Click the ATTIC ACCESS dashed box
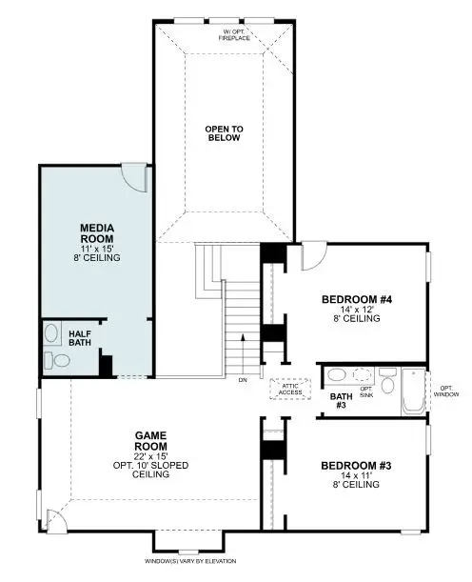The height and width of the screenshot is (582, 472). [289, 388]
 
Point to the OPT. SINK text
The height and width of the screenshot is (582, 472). [366, 390]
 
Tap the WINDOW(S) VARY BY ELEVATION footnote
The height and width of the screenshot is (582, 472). [191, 562]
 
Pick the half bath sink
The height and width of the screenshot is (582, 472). [51, 334]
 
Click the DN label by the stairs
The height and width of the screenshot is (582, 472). [243, 379]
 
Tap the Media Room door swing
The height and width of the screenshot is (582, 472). [135, 172]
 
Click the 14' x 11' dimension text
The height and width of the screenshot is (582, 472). [350, 475]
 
